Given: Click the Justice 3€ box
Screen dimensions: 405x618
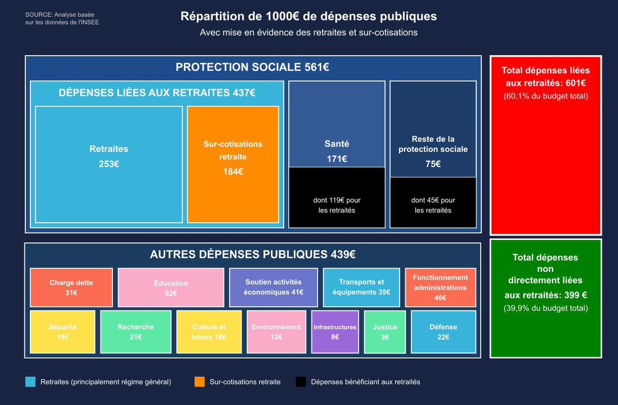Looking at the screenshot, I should pos(385,332).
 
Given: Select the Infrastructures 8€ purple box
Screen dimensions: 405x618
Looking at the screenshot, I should pos(335,332).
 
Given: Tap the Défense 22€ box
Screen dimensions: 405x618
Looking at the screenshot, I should pos(443,332).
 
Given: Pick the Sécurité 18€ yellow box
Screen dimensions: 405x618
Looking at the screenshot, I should pos(62,332).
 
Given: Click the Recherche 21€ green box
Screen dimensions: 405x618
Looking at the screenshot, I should pos(135,332).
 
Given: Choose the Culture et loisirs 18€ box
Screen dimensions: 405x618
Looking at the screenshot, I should pos(209,332).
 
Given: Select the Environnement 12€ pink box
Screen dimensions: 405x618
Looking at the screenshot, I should pos(276,332).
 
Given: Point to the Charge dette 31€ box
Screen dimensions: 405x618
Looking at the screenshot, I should pos(71,287).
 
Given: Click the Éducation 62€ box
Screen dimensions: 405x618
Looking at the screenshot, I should pos(170,287).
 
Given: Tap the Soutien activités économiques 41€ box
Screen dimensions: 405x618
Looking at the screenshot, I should pos(273,287).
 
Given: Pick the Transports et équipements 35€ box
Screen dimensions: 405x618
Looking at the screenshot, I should pos(361,287).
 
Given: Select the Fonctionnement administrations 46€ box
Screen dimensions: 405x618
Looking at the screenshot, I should pos(440,287).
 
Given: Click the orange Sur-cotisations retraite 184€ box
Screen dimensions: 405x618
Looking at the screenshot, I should pos(233,164).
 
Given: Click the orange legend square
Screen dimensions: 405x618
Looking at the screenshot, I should pos(200,382).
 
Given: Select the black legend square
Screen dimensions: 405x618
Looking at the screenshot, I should pos(301,382).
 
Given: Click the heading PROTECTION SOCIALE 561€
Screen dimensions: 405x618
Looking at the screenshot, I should pos(252,67).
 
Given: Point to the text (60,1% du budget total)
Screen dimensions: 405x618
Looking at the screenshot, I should pos(545,96).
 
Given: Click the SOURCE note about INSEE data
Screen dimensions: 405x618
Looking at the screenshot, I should pos(62,18).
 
